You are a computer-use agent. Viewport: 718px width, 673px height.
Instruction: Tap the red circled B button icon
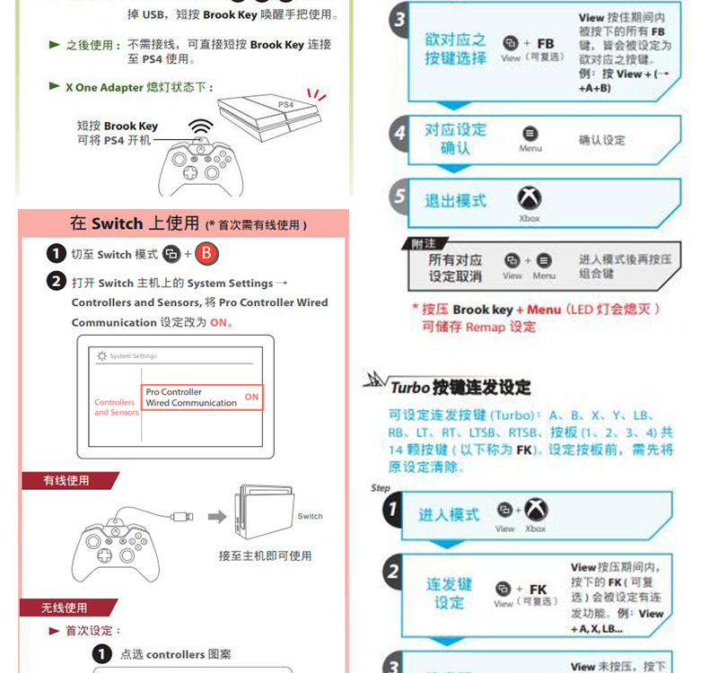[207, 254]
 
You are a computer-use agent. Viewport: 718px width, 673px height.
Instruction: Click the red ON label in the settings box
[251, 397]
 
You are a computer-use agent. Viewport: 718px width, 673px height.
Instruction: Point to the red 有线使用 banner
[68, 481]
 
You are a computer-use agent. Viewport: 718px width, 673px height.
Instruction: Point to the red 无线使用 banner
[66, 607]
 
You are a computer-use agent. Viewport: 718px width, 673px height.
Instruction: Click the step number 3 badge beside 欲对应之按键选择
[399, 20]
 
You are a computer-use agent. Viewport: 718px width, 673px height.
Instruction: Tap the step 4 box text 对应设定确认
[455, 138]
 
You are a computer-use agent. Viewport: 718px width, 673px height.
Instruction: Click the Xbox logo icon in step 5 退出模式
[530, 198]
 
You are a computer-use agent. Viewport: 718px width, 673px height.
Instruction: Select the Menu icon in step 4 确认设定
[530, 134]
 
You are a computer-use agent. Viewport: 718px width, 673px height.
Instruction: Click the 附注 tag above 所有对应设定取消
[423, 243]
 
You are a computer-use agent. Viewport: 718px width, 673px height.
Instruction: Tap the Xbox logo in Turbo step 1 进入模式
[536, 510]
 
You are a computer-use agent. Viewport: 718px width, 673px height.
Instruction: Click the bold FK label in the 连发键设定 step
[538, 590]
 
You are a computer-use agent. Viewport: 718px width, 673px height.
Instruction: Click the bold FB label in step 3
[545, 43]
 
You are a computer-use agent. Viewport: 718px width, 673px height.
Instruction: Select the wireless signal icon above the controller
[201, 128]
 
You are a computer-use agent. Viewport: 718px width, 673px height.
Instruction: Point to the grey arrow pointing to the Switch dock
[217, 516]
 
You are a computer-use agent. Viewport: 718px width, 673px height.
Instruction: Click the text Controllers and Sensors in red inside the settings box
[117, 407]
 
